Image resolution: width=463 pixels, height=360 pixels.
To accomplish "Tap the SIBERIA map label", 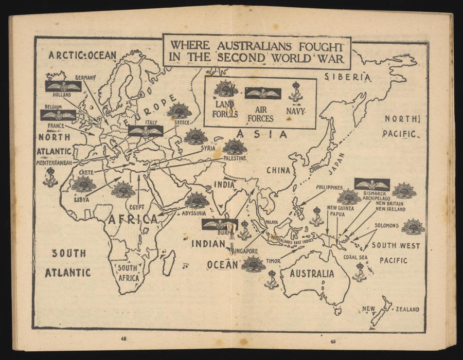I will click(347, 77).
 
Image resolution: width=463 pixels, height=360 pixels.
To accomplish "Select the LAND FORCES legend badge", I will click(226, 89).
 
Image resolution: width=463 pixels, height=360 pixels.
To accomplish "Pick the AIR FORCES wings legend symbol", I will click(262, 93).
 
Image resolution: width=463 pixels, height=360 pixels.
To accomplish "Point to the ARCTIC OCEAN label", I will click(82, 55).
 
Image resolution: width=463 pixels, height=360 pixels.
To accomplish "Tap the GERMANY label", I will click(85, 78).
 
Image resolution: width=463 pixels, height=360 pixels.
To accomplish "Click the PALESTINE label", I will click(235, 158).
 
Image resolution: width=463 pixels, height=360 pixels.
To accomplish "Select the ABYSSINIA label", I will click(194, 213).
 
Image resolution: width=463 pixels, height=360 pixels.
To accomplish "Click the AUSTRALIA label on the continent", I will click(312, 274).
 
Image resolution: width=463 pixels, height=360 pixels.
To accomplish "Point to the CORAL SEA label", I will click(355, 257).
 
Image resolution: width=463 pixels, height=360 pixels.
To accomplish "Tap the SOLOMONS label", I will click(386, 225).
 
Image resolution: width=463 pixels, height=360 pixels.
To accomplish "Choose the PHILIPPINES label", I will click(329, 188).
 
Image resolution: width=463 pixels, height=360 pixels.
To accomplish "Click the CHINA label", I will click(278, 170).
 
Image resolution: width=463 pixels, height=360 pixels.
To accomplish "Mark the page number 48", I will click(123, 338).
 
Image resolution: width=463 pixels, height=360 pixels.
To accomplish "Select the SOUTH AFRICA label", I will click(128, 273).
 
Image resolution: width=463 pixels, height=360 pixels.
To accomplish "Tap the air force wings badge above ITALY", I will click(146, 131).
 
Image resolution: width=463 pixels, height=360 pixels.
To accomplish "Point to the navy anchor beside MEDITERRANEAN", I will click(50, 176).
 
